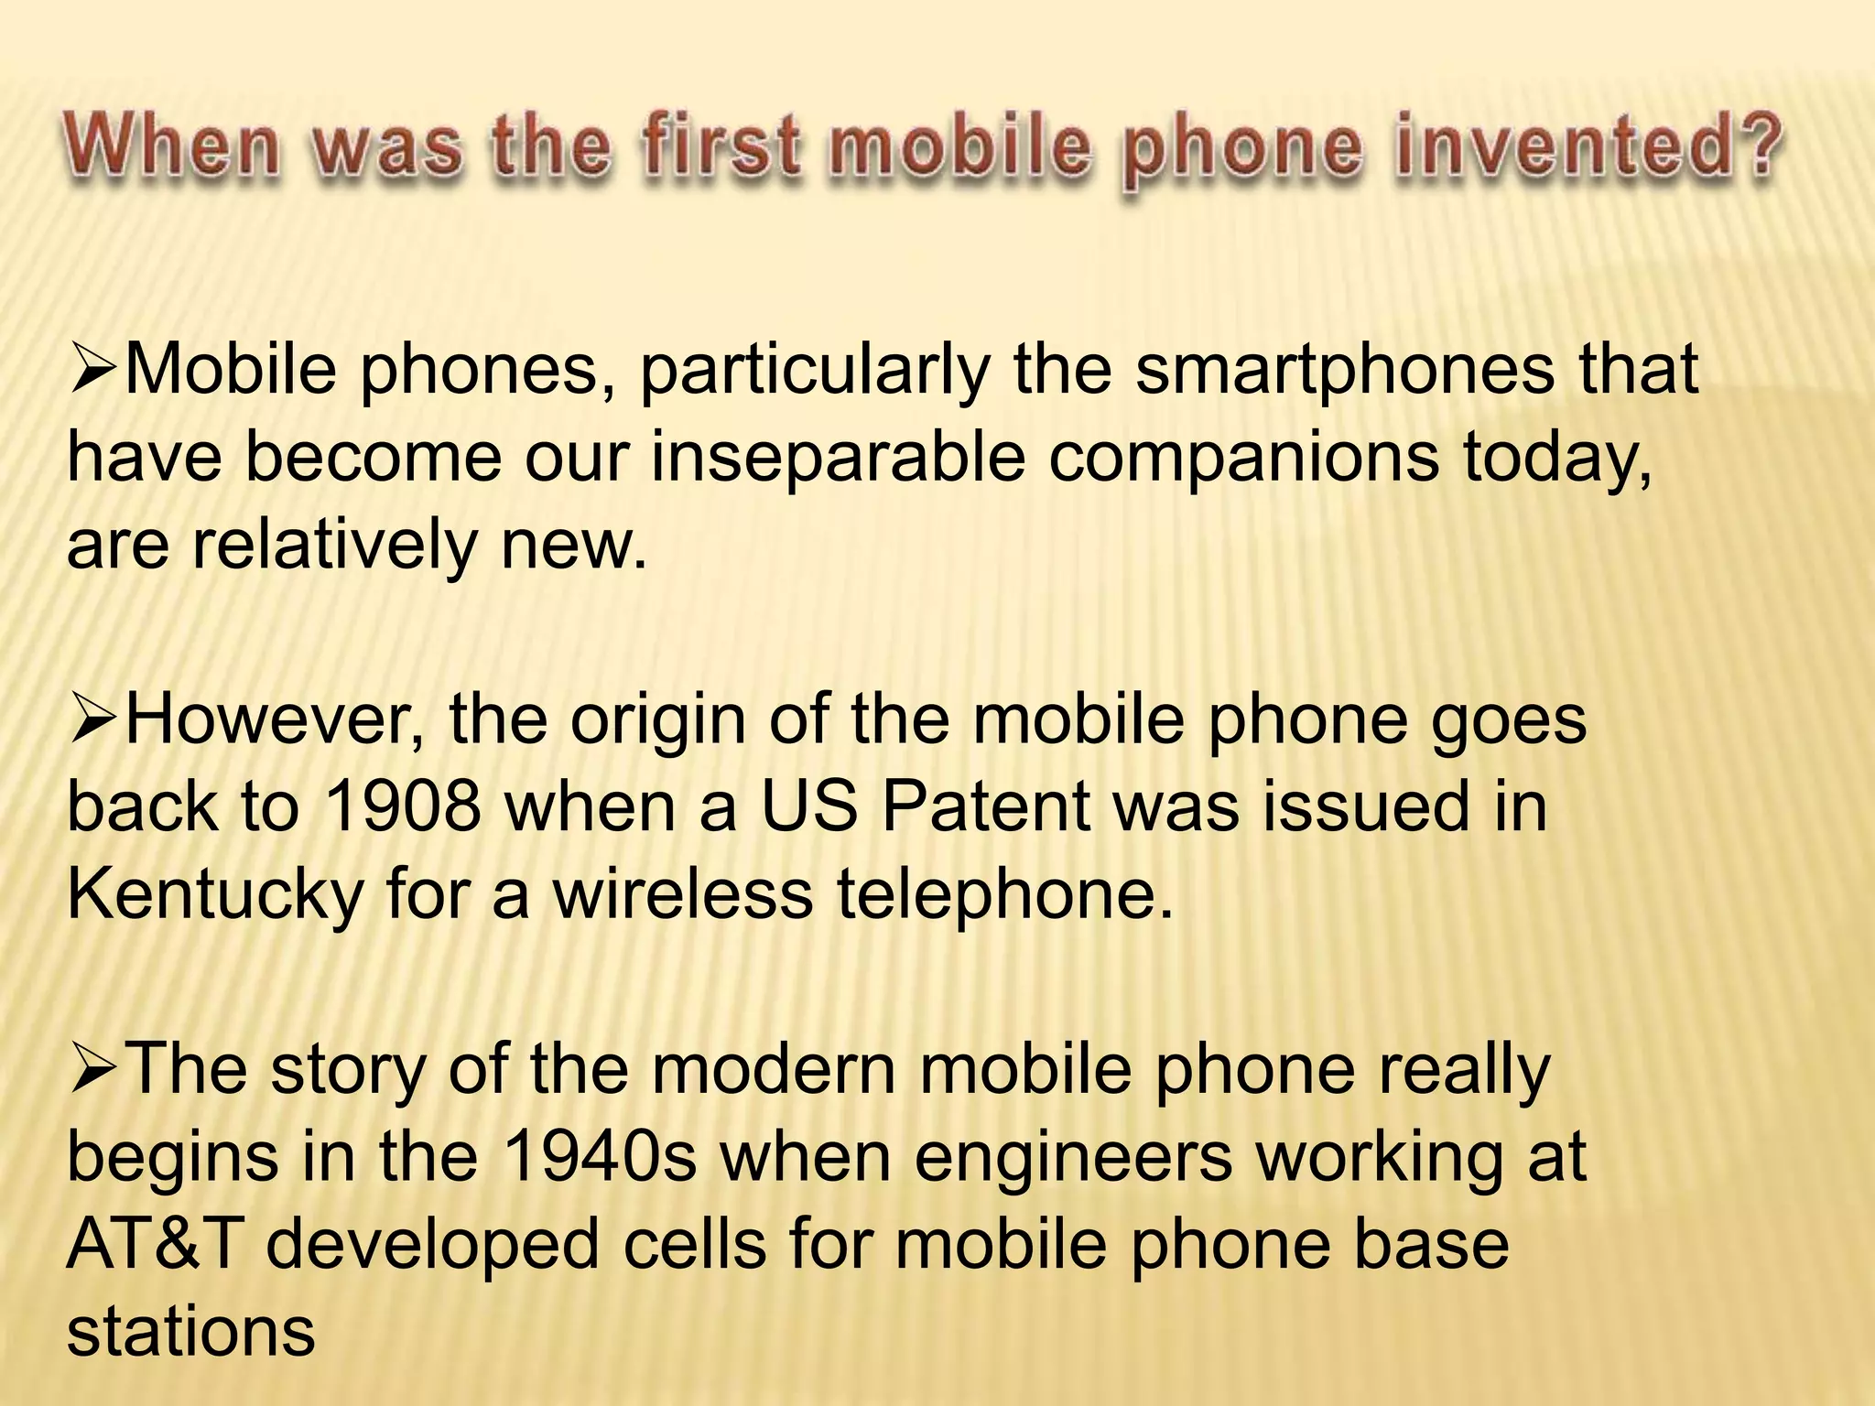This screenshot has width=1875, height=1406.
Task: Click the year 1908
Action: pos(402,806)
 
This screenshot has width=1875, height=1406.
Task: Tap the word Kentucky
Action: pos(215,893)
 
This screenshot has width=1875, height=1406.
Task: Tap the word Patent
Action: pos(985,806)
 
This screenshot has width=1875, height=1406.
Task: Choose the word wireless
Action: pos(682,893)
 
